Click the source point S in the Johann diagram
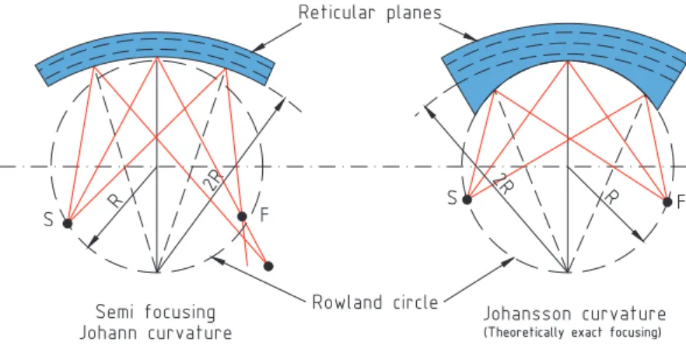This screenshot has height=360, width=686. (x=68, y=223)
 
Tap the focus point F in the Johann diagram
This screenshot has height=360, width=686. (x=241, y=216)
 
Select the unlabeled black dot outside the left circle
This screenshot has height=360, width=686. (x=268, y=266)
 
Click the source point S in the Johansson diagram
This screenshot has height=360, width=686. (x=467, y=200)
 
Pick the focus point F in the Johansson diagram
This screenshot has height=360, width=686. (x=667, y=202)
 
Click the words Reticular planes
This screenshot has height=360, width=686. (x=370, y=12)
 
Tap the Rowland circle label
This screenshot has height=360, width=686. (x=375, y=302)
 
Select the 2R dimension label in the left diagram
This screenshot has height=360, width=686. (x=215, y=180)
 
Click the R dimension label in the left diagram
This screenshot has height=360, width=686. (x=114, y=200)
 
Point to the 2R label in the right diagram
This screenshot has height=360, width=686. (x=503, y=184)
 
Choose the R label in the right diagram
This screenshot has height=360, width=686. (x=611, y=196)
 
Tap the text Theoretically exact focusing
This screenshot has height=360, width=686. (x=572, y=333)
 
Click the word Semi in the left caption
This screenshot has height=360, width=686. (x=117, y=312)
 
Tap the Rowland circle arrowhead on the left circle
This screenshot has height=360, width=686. (x=218, y=260)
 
